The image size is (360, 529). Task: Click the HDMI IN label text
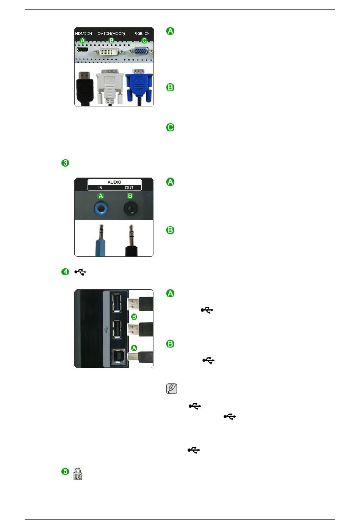click(83, 33)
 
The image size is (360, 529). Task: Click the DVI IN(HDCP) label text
click(111, 33)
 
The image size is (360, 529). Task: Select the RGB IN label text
click(142, 33)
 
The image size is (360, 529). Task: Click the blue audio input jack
click(101, 208)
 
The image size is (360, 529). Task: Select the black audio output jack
click(130, 208)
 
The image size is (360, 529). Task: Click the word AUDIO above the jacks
click(114, 182)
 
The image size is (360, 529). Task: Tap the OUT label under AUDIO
click(129, 188)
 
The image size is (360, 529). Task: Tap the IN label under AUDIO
click(100, 188)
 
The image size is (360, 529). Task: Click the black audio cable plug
click(131, 242)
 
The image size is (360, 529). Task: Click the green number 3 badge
click(65, 163)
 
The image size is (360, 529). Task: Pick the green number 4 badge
click(65, 272)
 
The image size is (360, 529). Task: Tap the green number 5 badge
click(65, 471)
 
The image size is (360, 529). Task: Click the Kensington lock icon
click(78, 473)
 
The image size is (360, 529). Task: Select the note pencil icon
click(172, 389)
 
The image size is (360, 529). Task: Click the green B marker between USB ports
click(134, 317)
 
